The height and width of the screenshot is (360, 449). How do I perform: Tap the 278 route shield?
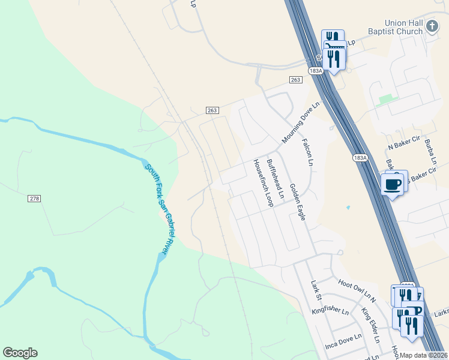point(34,199)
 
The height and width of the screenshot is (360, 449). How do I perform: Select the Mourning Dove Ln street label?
point(301,122)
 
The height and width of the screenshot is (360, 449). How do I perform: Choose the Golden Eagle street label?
point(297,202)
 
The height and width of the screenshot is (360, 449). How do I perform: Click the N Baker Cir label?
point(402,146)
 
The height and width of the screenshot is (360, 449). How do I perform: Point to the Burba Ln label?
point(430,152)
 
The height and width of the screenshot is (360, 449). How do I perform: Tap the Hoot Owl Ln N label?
point(356,289)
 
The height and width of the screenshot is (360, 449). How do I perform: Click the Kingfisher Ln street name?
point(330,311)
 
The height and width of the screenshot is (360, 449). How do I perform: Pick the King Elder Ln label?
point(370,325)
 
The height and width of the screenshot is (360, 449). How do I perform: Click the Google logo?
point(20,353)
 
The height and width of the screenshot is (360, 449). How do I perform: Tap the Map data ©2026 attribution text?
point(423,355)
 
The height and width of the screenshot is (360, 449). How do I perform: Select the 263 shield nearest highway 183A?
point(295,80)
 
